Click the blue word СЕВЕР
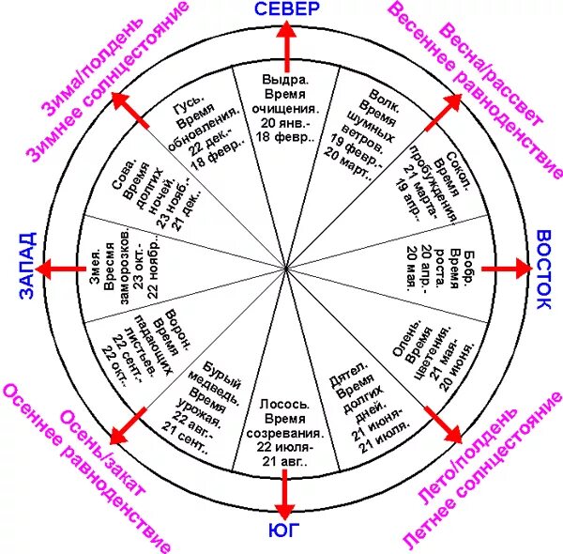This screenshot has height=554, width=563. [x=287, y=9]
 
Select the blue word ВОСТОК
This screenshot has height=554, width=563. [x=547, y=269]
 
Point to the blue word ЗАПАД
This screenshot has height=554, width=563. [x=25, y=266]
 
